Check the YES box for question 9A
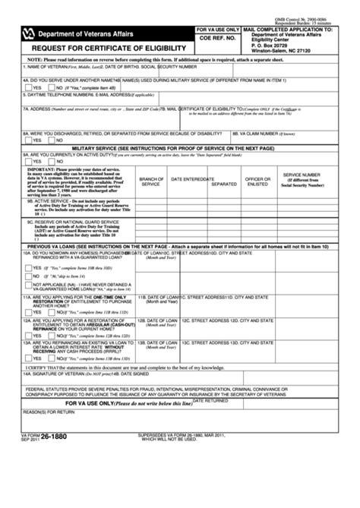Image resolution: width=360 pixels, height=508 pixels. coord(27,161)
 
